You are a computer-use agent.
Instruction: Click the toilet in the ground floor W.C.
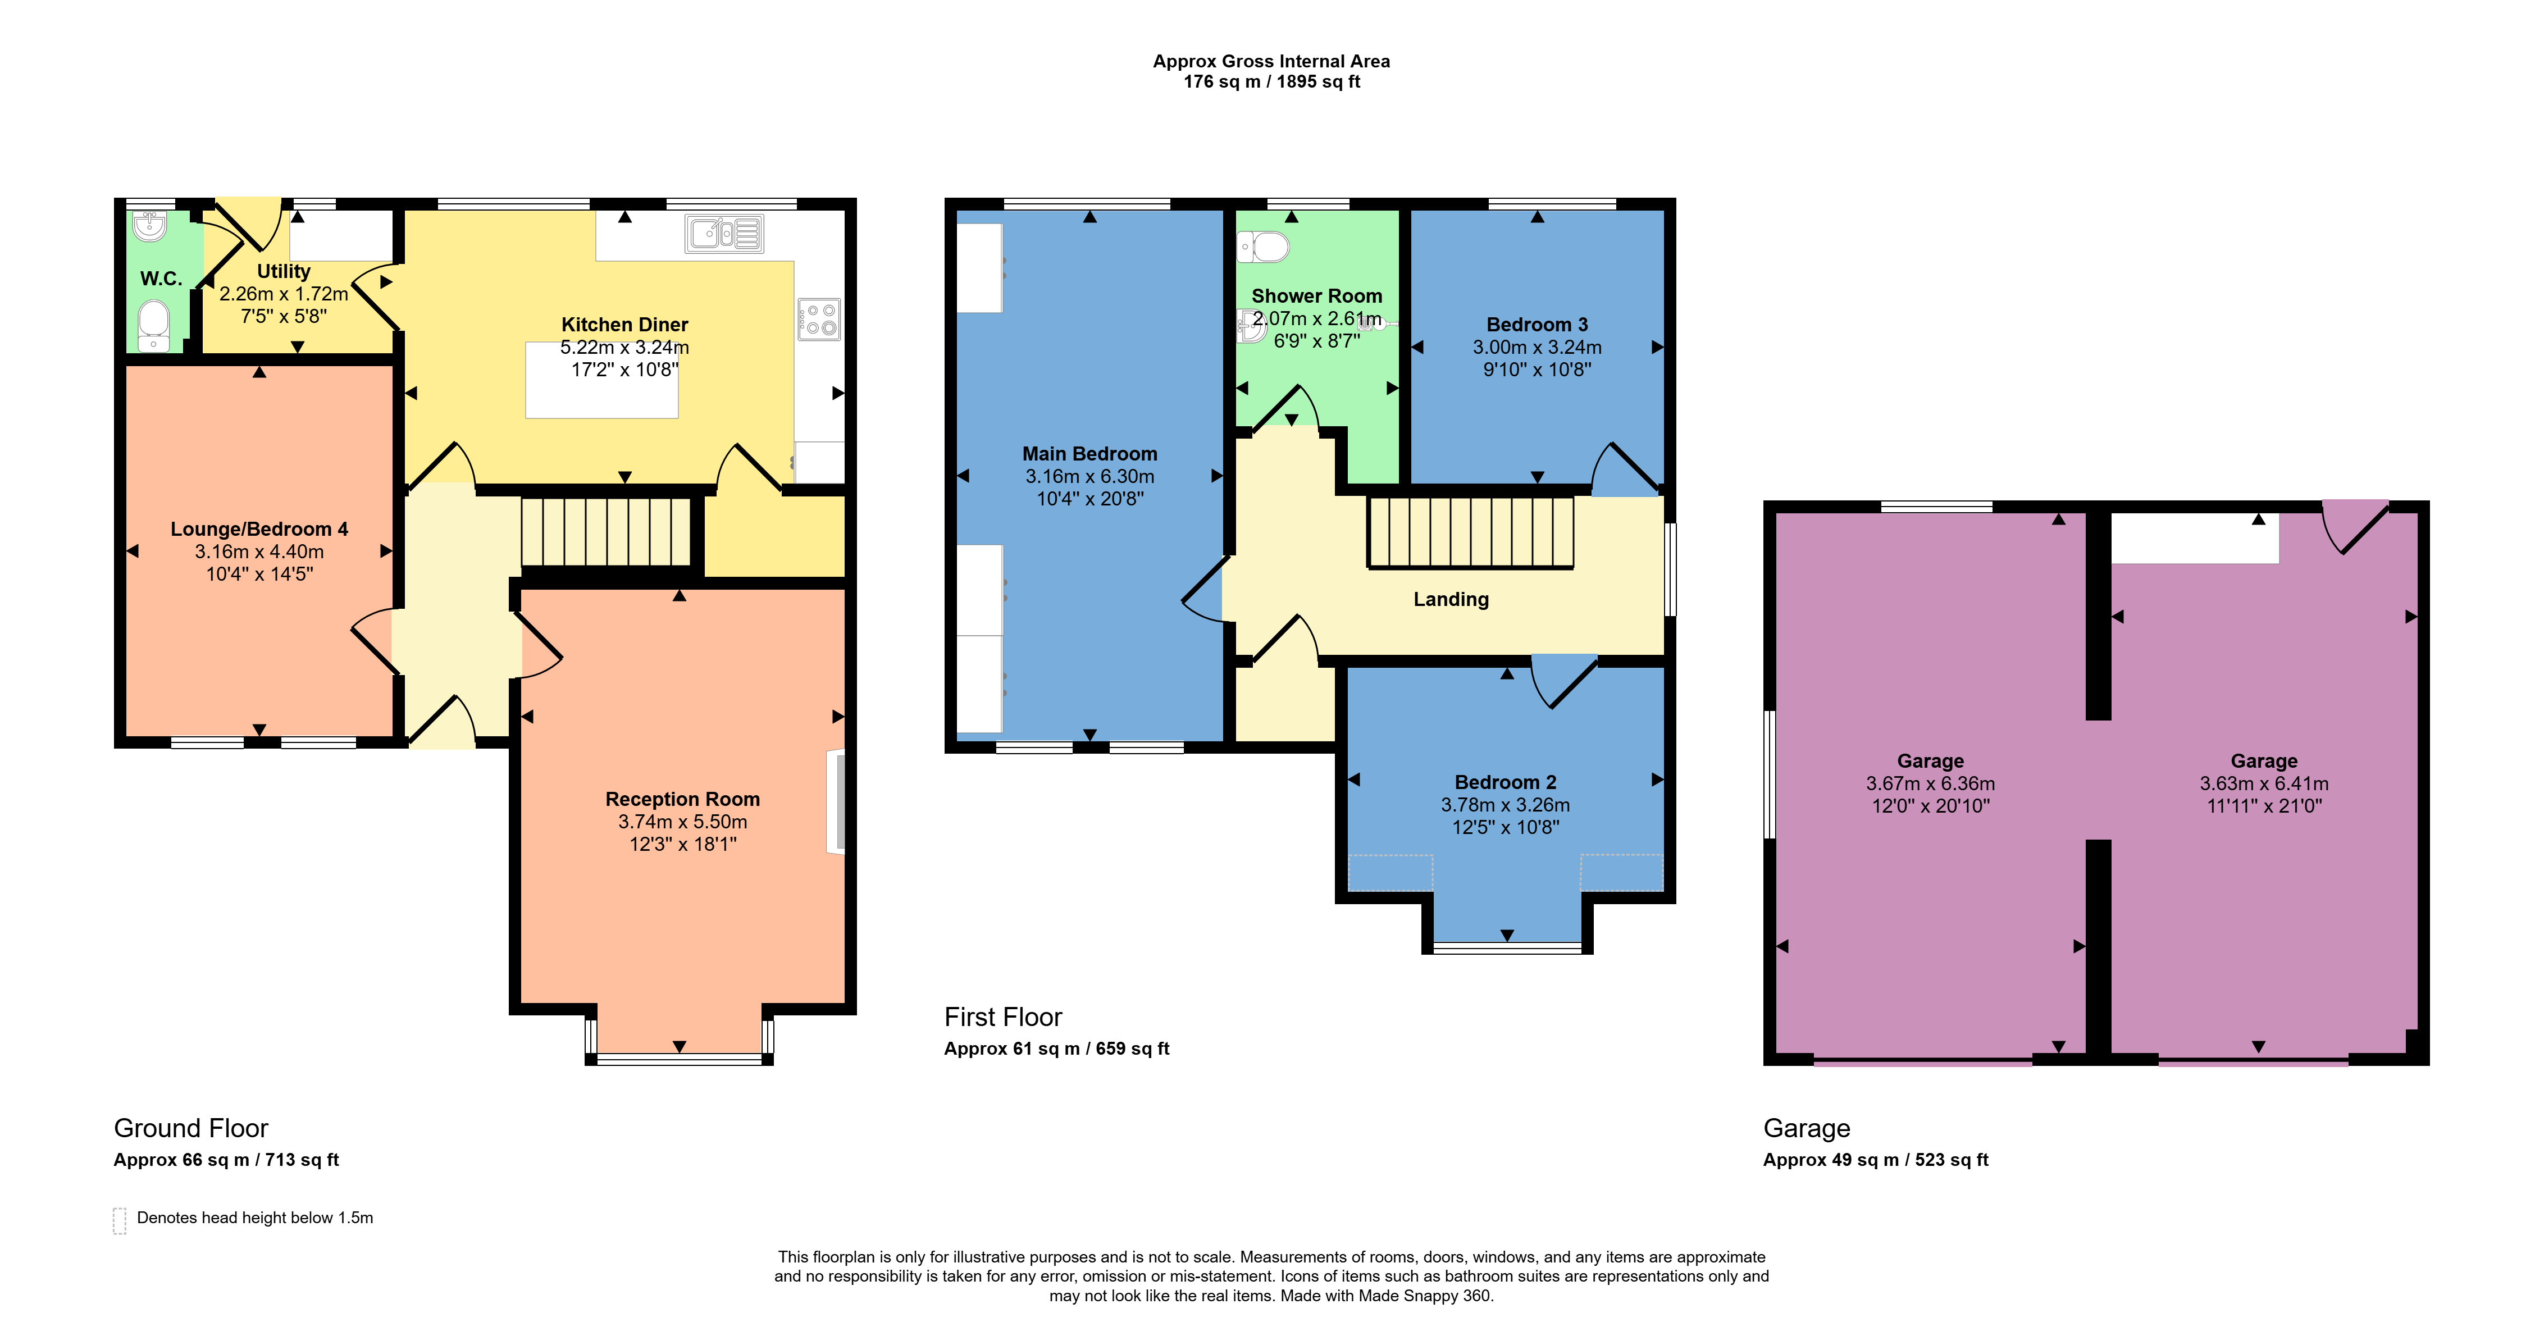click(154, 326)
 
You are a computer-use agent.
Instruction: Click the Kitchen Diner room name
click(624, 325)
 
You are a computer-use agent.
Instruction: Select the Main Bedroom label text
click(1089, 454)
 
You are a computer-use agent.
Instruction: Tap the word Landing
click(1451, 599)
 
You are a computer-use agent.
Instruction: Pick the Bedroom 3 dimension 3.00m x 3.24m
click(1537, 348)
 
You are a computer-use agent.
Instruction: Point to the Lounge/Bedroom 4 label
click(259, 529)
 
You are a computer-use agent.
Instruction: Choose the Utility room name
click(284, 271)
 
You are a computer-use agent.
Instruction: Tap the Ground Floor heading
click(190, 1129)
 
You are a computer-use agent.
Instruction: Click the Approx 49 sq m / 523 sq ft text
click(1875, 1160)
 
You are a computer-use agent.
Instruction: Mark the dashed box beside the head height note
click(120, 1220)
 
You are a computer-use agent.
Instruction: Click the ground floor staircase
click(605, 531)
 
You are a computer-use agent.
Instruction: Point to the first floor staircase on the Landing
click(1470, 532)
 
